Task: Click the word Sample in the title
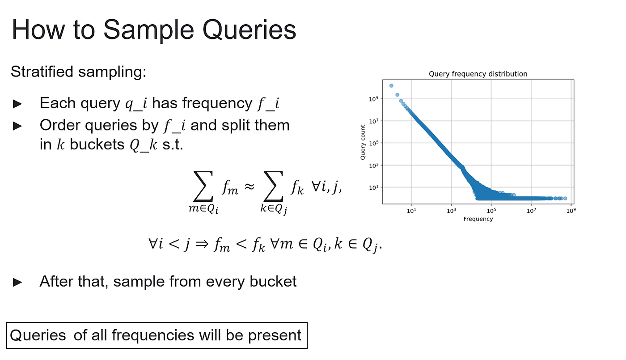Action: point(148,31)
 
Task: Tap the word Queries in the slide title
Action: point(249,30)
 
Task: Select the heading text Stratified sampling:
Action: point(79,72)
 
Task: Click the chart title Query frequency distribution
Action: point(478,74)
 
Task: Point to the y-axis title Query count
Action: point(363,142)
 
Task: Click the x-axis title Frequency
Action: point(478,219)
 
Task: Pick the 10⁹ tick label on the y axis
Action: point(373,99)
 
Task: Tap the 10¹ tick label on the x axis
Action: point(411,211)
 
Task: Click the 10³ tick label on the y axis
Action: point(373,165)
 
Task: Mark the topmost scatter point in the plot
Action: point(391,85)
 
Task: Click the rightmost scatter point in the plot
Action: point(565,199)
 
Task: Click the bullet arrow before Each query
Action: point(17,104)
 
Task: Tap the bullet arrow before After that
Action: point(17,282)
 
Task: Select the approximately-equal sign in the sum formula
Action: point(250,186)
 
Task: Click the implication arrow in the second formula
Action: point(202,244)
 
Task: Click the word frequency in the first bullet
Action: point(217,104)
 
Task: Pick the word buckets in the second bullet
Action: point(97,144)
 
